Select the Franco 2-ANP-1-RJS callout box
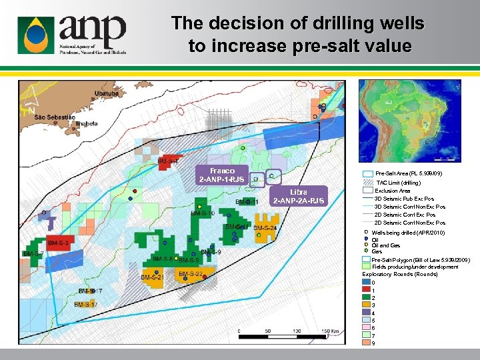(x=223, y=175)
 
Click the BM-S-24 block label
(x=265, y=228)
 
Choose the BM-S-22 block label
(x=191, y=274)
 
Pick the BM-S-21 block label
(x=152, y=277)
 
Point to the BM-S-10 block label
(x=202, y=213)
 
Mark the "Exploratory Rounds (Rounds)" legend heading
(x=400, y=274)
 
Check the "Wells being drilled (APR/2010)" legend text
(x=408, y=233)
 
